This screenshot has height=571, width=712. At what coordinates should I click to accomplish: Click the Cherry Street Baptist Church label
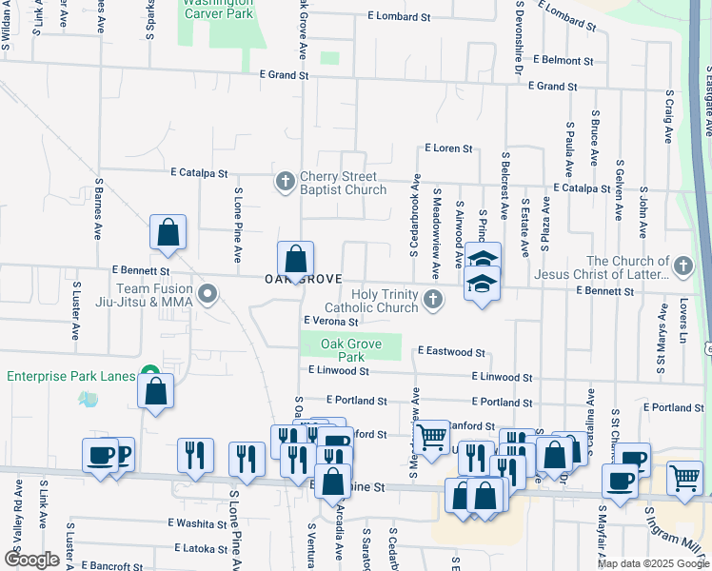pyautogui.click(x=338, y=183)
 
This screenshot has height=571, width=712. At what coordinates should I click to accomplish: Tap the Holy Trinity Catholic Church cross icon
pyautogui.click(x=433, y=301)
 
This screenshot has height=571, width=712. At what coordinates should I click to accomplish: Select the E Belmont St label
pyautogui.click(x=564, y=60)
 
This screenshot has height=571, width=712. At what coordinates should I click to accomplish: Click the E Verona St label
pyautogui.click(x=330, y=322)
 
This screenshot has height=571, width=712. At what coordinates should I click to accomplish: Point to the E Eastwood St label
pyautogui.click(x=451, y=352)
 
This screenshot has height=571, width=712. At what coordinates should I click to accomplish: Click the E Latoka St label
pyautogui.click(x=198, y=548)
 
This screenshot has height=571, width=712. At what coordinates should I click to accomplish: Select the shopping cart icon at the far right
pyautogui.click(x=685, y=478)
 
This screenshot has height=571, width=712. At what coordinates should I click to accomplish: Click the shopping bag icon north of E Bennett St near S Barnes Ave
pyautogui.click(x=168, y=232)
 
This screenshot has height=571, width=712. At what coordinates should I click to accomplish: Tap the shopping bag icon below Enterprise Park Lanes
pyautogui.click(x=155, y=391)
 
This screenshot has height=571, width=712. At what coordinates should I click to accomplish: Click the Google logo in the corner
pyautogui.click(x=31, y=560)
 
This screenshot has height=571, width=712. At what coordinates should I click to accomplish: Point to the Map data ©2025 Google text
pyautogui.click(x=652, y=563)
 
